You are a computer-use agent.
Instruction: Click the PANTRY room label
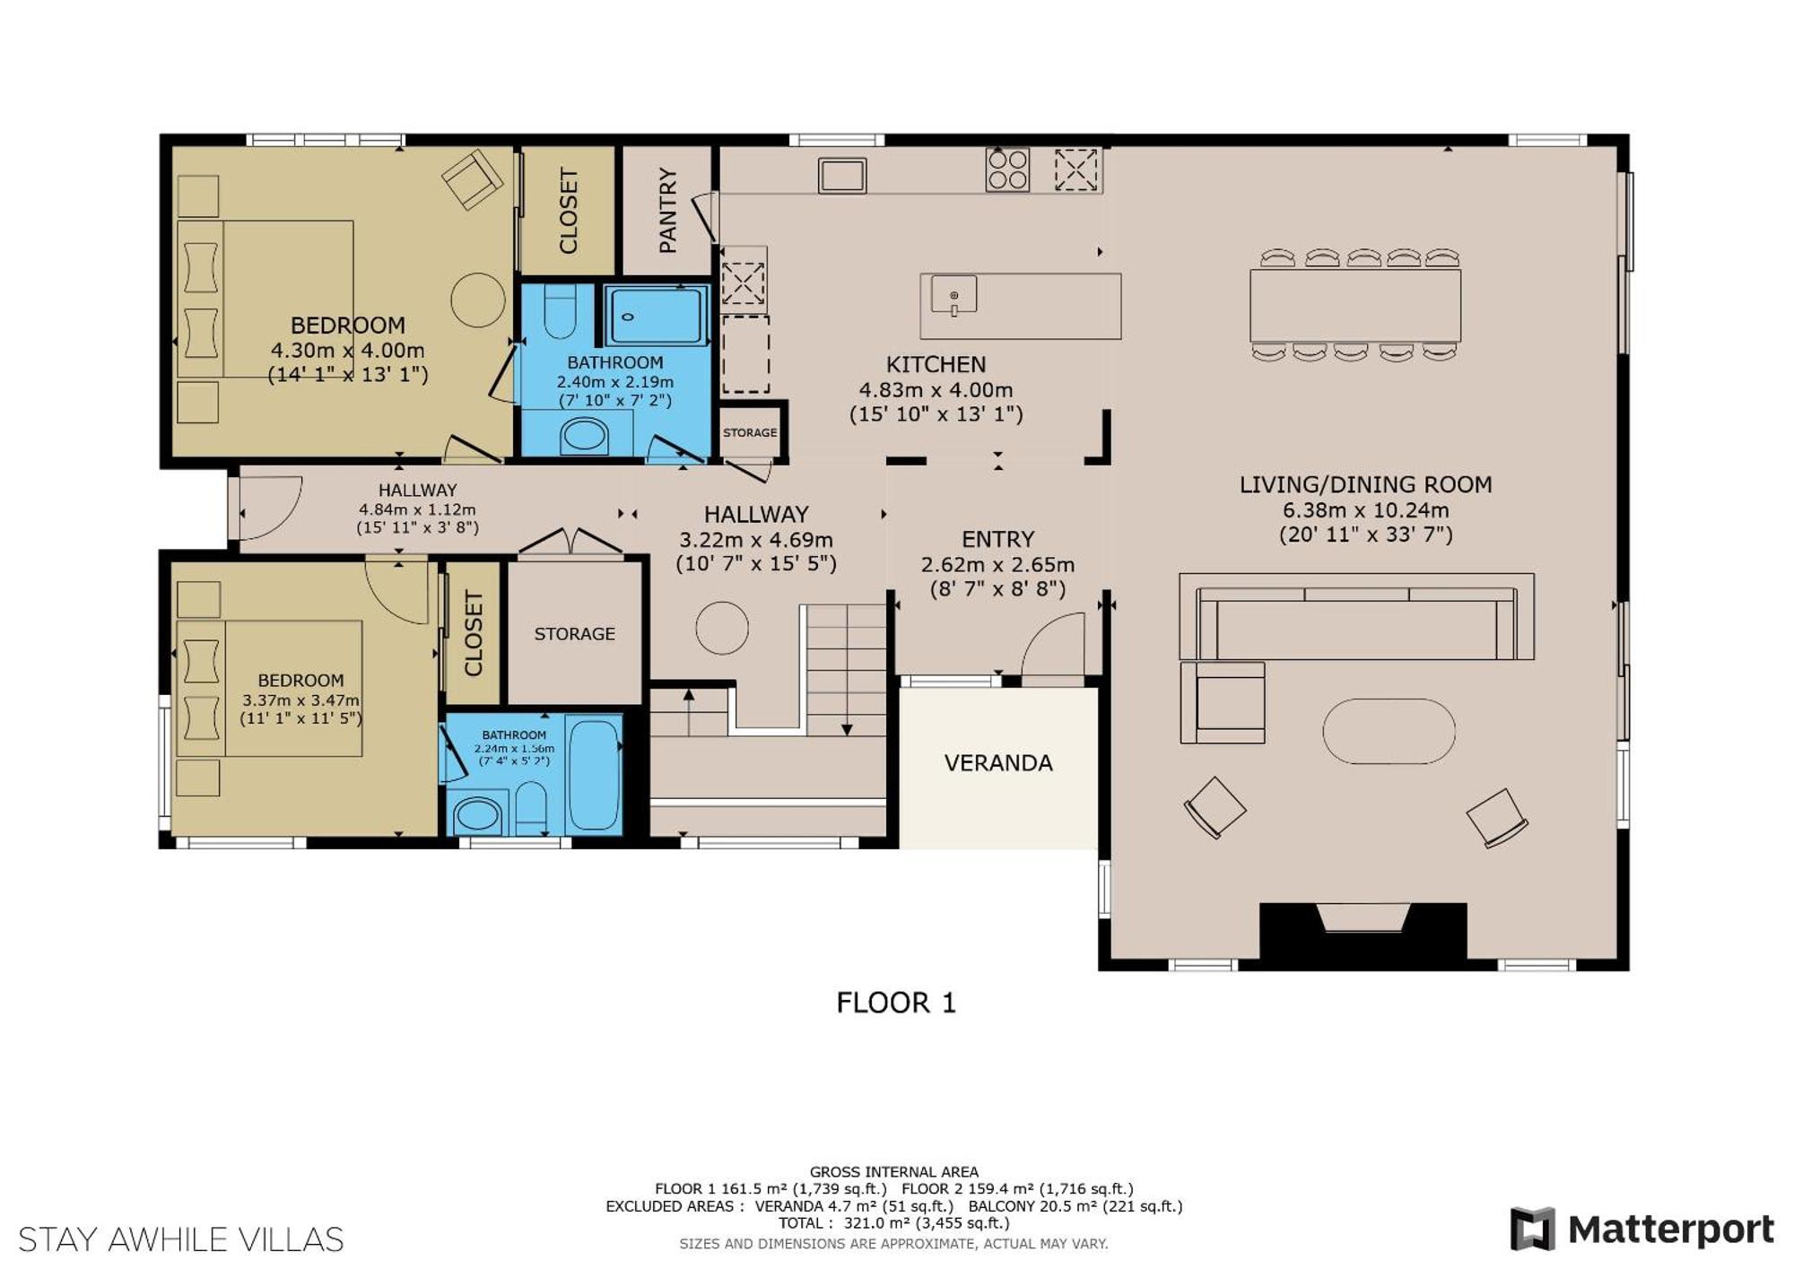click(x=667, y=211)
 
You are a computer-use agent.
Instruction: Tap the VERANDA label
click(x=998, y=763)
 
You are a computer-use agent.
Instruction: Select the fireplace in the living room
click(x=1363, y=934)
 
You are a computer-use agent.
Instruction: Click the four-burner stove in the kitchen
click(x=1007, y=169)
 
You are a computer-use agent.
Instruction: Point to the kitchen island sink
click(x=954, y=295)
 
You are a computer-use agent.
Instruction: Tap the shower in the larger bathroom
click(x=656, y=316)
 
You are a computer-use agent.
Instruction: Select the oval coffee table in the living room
click(x=1389, y=731)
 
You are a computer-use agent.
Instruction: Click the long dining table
click(x=1355, y=305)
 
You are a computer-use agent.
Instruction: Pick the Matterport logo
click(x=1642, y=1229)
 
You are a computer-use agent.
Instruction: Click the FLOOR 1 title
click(x=896, y=1003)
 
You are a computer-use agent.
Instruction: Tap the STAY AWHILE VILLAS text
click(x=181, y=1239)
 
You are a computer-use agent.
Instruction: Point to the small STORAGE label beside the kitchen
click(x=750, y=432)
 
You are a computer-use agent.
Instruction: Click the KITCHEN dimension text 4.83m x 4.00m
click(x=936, y=390)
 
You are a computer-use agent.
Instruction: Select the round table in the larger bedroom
click(x=478, y=300)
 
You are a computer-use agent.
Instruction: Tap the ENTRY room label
click(x=997, y=539)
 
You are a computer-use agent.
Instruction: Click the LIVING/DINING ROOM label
click(x=1365, y=485)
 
